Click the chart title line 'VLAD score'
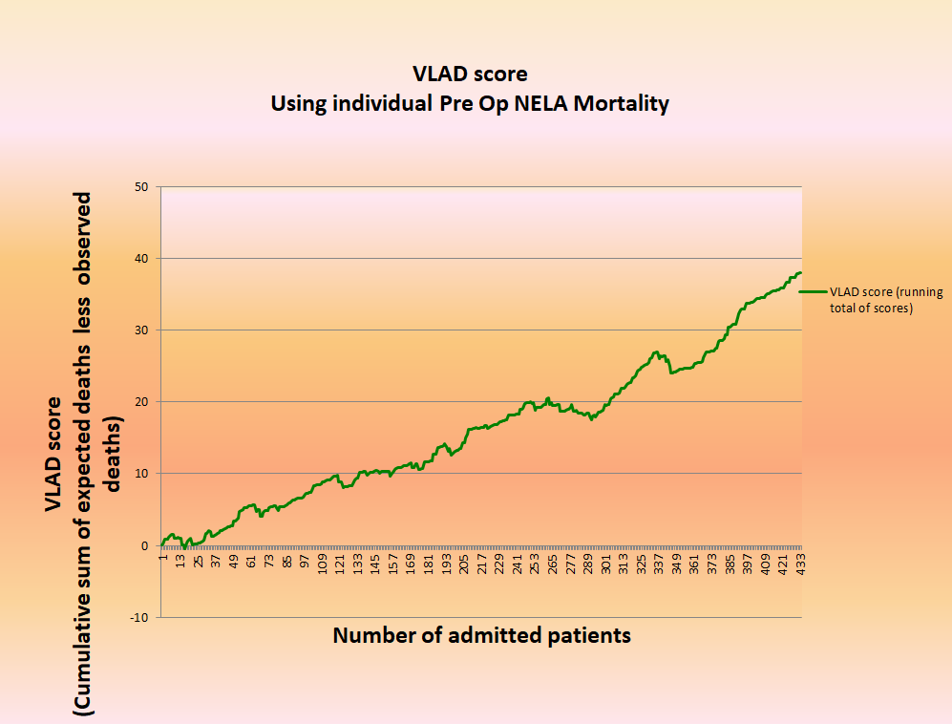(470, 75)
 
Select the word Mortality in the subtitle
(621, 103)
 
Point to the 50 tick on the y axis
(140, 186)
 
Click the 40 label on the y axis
(140, 258)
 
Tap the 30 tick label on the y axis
(140, 330)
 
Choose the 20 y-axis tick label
(140, 401)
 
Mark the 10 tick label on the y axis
(140, 474)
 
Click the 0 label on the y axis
(144, 545)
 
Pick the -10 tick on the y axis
(138, 617)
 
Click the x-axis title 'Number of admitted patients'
(481, 635)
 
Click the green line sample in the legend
(813, 292)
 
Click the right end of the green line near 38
(799, 273)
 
